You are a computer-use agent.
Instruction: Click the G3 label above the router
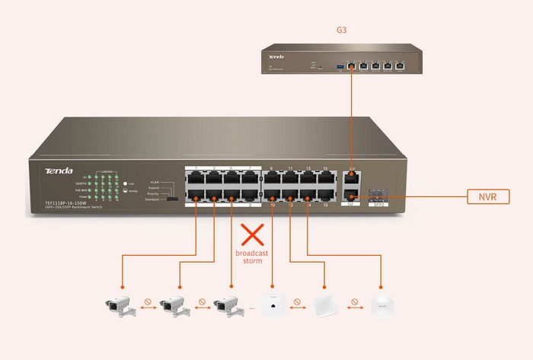coord(341,31)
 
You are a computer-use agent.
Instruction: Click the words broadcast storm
coord(251,256)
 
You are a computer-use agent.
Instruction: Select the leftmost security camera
coord(121,306)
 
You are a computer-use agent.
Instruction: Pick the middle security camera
coord(174,306)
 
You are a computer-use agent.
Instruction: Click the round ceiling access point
coord(383,306)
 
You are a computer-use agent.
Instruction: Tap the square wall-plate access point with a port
coord(270,306)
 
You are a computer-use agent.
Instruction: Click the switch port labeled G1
coord(351,180)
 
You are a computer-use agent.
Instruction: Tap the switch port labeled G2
coord(351,196)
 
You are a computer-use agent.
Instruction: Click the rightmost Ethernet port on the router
coord(400,65)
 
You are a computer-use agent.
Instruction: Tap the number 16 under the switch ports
coord(326,205)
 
